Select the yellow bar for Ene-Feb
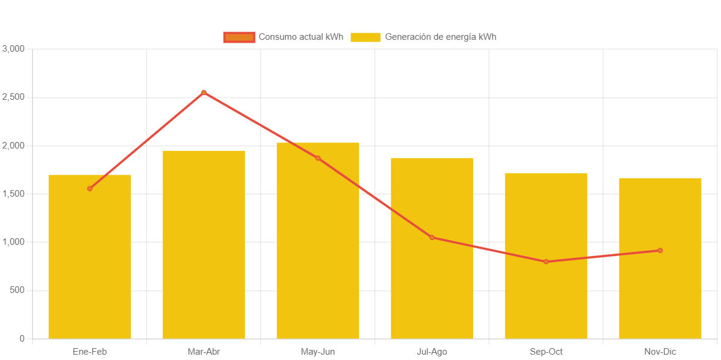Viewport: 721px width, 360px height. [90, 261]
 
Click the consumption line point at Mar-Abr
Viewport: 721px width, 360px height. [204, 92]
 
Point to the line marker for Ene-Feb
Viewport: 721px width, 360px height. [90, 188]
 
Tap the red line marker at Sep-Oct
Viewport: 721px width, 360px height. [546, 261]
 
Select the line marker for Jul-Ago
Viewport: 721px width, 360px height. [432, 238]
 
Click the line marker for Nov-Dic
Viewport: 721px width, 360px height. [660, 250]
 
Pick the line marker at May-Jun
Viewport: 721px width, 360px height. [318, 158]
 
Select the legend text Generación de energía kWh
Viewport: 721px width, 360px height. [440, 37]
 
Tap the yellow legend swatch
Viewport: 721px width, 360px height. [366, 37]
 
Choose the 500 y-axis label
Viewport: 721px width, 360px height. [17, 290]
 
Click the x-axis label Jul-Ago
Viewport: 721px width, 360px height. [432, 352]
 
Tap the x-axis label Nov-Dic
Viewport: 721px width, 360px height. [660, 352]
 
